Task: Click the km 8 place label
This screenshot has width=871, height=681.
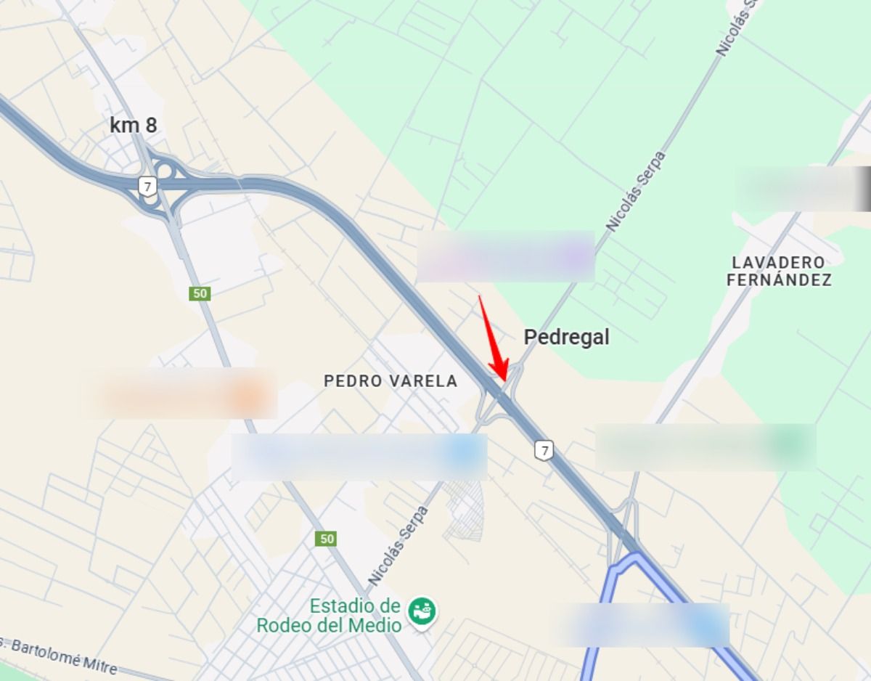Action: click(133, 125)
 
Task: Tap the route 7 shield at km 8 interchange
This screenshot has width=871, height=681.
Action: click(148, 187)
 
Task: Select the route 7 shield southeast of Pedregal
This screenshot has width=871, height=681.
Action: click(544, 450)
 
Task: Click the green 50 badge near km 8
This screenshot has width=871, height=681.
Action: click(200, 293)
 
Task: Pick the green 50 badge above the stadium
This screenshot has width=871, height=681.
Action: click(326, 539)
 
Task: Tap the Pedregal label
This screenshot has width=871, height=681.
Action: click(566, 337)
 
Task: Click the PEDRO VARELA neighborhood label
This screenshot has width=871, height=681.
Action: click(390, 380)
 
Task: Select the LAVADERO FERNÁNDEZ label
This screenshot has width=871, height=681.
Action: click(779, 271)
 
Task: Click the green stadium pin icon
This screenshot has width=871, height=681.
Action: click(422, 612)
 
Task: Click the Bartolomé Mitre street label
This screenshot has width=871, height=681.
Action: click(58, 655)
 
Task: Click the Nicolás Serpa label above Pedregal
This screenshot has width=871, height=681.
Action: click(635, 191)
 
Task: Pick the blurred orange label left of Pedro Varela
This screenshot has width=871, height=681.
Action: click(179, 393)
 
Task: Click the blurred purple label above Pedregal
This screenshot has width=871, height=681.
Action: click(505, 256)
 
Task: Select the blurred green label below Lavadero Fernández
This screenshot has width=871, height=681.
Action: click(706, 446)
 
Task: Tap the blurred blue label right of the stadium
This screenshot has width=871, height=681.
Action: click(642, 624)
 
